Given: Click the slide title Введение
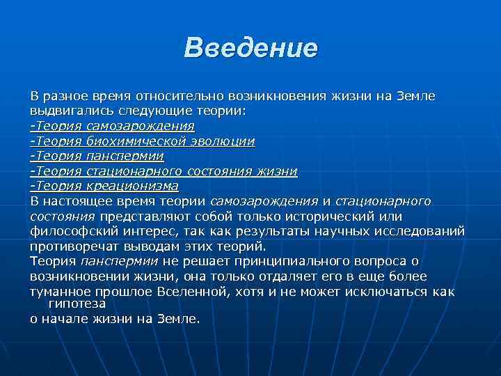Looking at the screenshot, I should pyautogui.click(x=250, y=48).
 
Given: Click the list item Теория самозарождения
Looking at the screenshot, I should pyautogui.click(x=112, y=126).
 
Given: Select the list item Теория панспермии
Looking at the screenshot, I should pyautogui.click(x=97, y=156).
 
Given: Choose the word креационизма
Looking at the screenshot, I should pyautogui.click(x=132, y=186).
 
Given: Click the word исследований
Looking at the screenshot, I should pyautogui.click(x=424, y=231).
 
